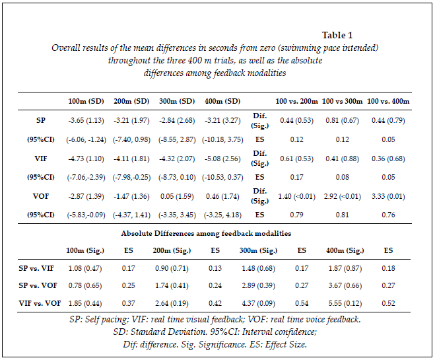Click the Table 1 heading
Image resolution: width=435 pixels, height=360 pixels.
337,35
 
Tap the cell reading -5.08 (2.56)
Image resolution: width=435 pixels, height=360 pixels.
221,159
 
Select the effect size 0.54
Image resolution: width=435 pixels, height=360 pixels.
301,303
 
